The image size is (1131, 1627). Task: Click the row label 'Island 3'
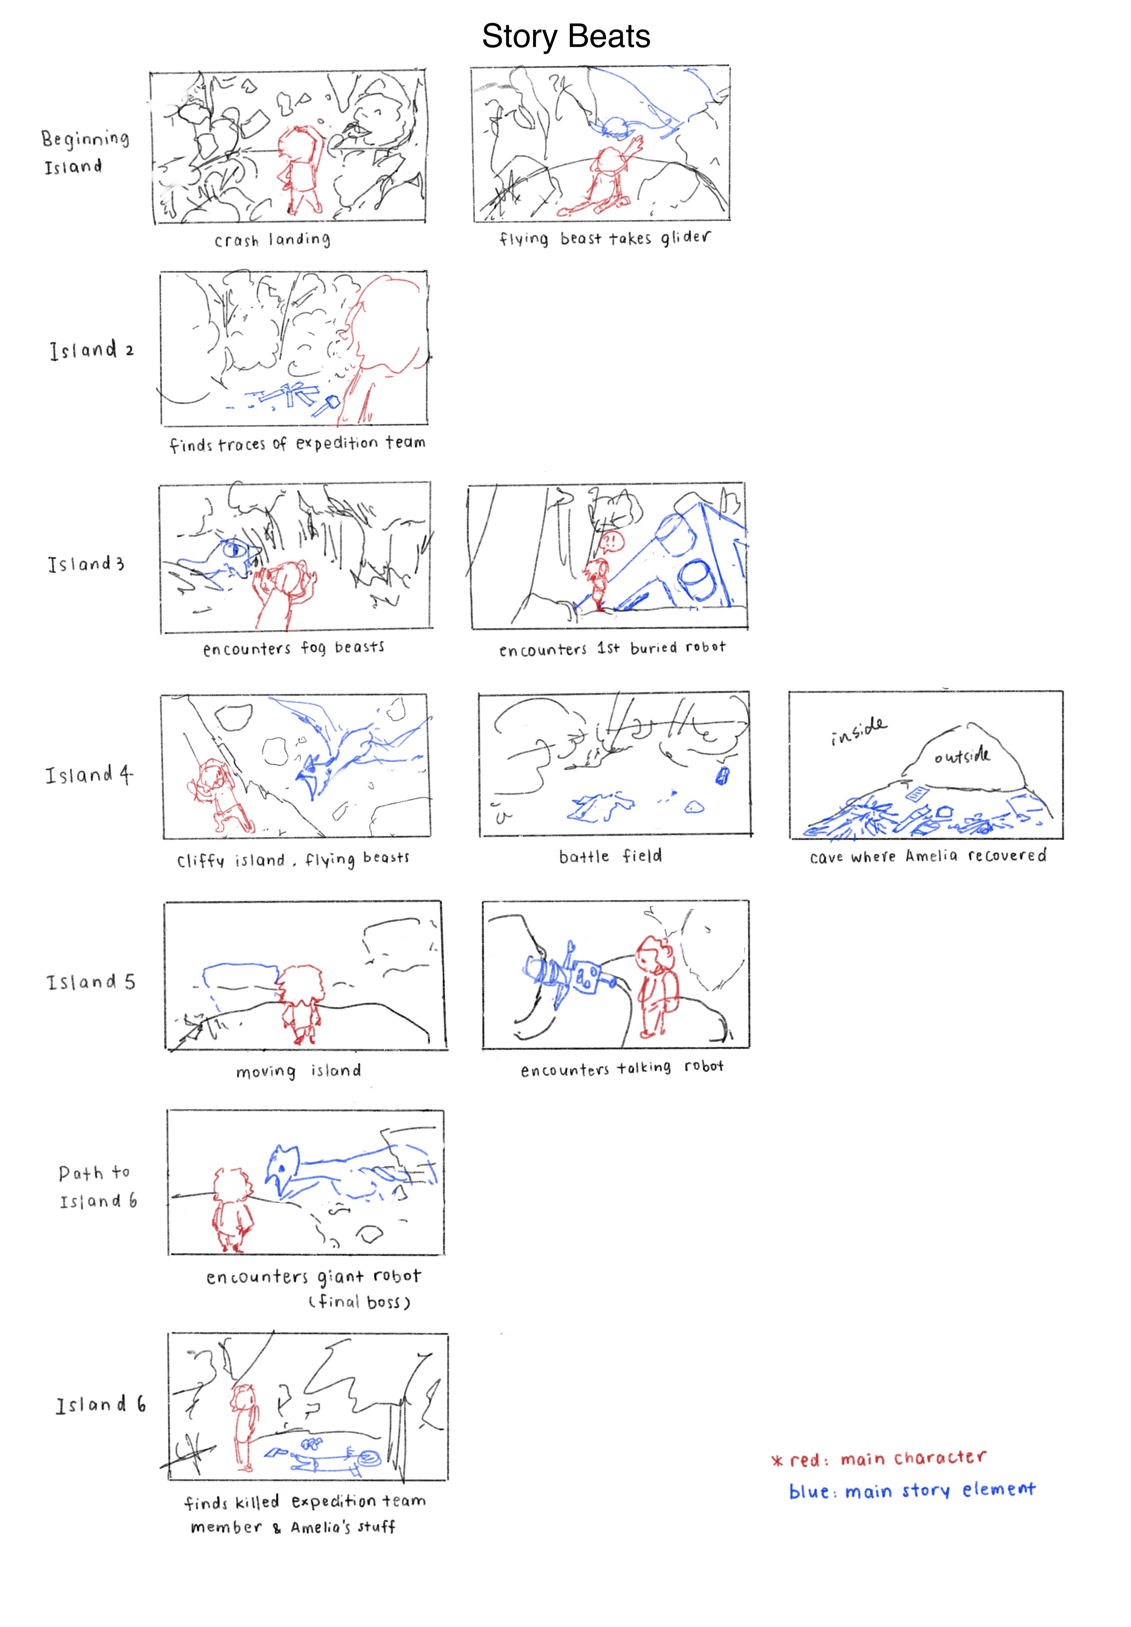[86, 564]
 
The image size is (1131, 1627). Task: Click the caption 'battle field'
[610, 856]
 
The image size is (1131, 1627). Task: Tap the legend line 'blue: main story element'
[912, 1491]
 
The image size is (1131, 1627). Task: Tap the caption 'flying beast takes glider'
[604, 238]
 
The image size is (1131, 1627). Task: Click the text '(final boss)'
[359, 1302]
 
